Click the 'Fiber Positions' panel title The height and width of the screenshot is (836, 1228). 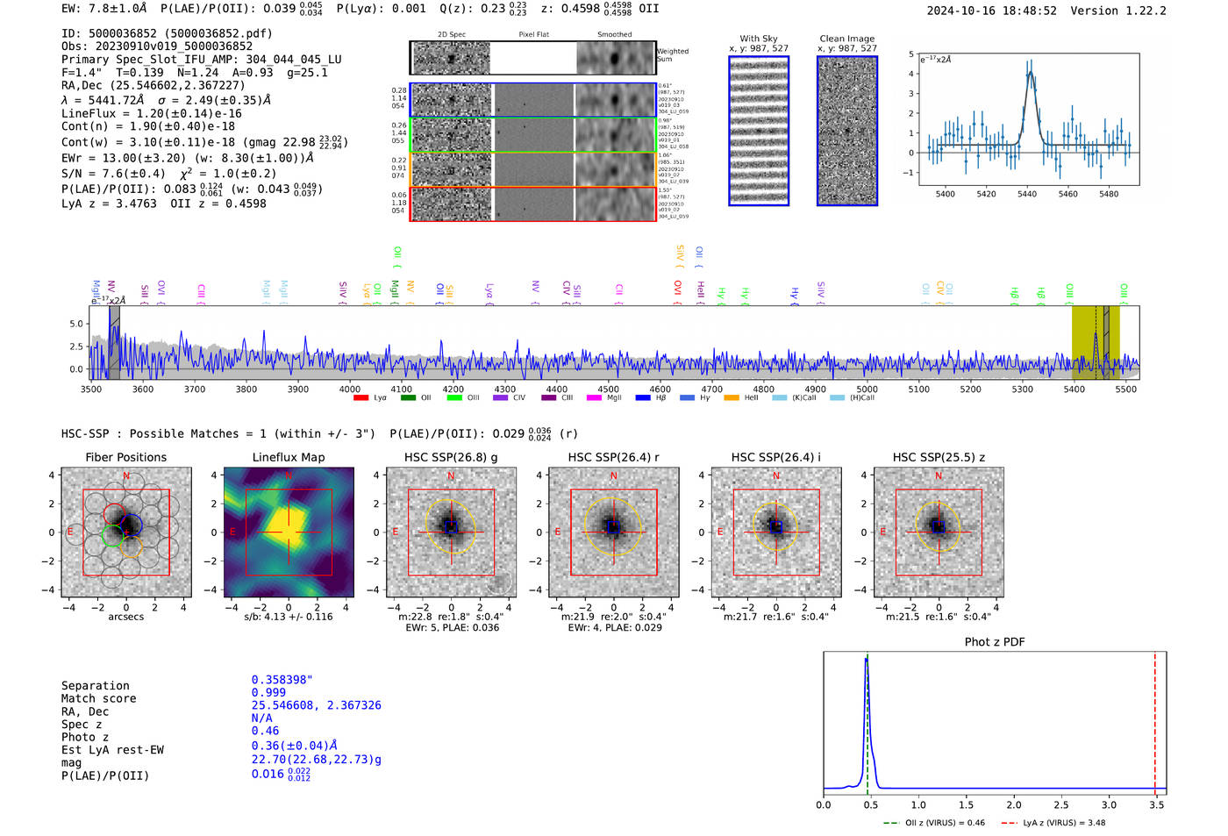[125, 457]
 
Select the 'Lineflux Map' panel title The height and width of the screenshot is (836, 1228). [289, 457]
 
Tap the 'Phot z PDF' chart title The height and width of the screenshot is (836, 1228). [995, 641]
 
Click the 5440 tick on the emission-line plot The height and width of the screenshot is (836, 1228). [1027, 194]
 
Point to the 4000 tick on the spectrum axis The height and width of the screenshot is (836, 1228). [349, 389]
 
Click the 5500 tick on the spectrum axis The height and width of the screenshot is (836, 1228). [1125, 389]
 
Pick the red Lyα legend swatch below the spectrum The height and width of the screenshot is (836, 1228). [361, 398]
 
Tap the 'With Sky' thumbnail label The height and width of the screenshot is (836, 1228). [759, 39]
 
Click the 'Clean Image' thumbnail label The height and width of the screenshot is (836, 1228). [846, 39]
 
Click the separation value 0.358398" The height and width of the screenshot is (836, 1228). [282, 680]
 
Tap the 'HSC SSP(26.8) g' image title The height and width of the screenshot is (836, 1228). [451, 457]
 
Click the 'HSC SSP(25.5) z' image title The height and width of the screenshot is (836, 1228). [939, 457]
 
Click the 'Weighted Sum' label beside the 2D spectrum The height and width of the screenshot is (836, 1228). [672, 55]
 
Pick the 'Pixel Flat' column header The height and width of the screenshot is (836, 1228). [533, 35]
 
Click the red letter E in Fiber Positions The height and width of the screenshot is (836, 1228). [70, 532]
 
